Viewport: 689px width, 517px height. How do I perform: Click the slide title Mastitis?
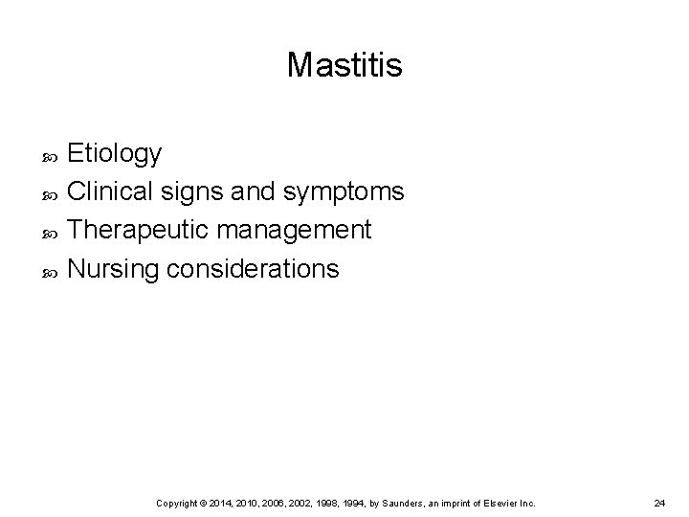pos(344,65)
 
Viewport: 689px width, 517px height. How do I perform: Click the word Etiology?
pos(116,153)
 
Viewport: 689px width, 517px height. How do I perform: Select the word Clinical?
pos(108,191)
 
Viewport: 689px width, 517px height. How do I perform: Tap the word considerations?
pos(252,269)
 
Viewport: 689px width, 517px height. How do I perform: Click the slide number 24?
pos(659,503)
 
